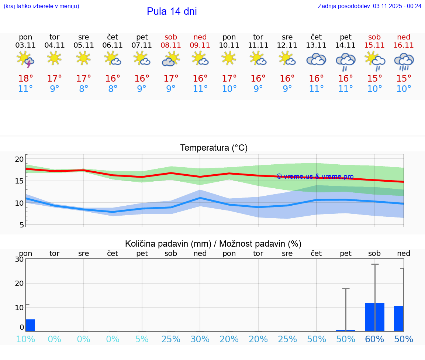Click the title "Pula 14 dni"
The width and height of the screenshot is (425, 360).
(x=172, y=11)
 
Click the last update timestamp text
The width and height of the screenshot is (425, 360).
(x=370, y=6)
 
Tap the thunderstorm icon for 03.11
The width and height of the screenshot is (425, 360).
(x=25, y=59)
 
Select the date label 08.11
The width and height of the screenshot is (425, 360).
(x=171, y=45)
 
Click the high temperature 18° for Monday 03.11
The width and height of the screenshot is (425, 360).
(x=25, y=79)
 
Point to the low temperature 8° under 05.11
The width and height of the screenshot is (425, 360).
(x=84, y=89)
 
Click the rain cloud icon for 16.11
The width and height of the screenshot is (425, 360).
(x=404, y=61)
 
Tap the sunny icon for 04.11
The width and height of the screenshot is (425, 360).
(x=55, y=58)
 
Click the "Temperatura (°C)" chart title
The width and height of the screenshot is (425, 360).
(x=214, y=148)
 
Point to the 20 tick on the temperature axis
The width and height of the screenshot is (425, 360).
(x=19, y=159)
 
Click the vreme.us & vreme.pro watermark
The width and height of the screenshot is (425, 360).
(x=315, y=176)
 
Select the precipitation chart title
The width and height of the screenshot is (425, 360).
(x=213, y=244)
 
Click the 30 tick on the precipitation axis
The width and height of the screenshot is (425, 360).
(x=19, y=259)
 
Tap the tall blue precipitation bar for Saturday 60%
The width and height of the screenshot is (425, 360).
(x=374, y=317)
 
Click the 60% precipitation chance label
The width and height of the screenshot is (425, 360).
(x=374, y=339)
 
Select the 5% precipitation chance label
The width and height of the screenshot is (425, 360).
(x=142, y=339)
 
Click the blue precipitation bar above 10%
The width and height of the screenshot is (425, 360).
(x=31, y=325)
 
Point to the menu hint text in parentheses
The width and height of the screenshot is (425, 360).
(x=41, y=6)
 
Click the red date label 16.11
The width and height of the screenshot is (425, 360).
(x=404, y=45)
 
